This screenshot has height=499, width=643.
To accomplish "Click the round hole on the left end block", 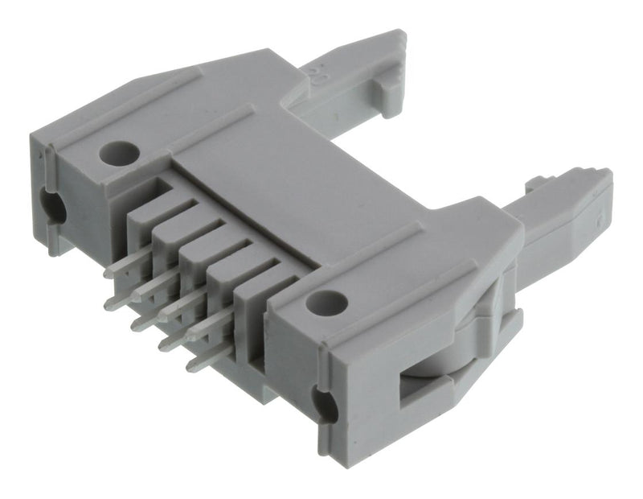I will (x=119, y=151).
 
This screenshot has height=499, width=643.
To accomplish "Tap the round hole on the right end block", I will (x=328, y=303).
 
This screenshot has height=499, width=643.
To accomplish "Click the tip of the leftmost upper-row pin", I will (x=109, y=274).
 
